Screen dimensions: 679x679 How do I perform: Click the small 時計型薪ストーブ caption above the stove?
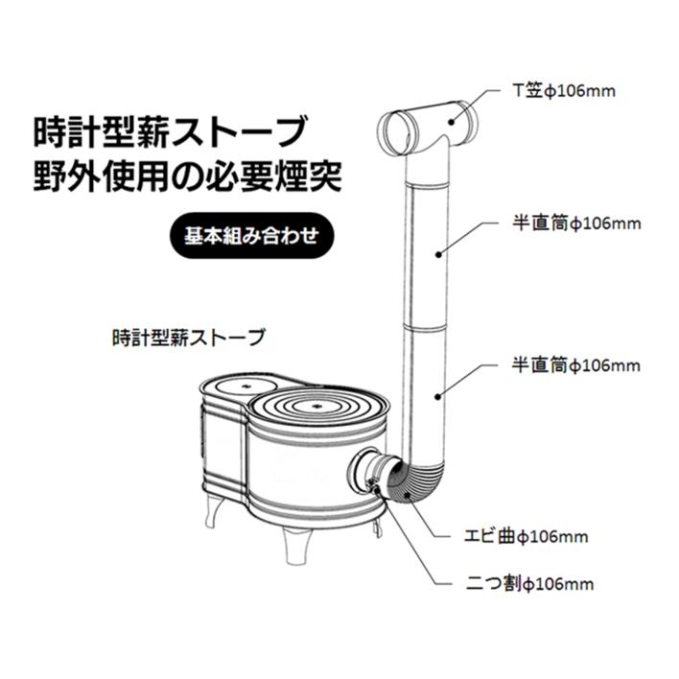(x=187, y=339)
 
